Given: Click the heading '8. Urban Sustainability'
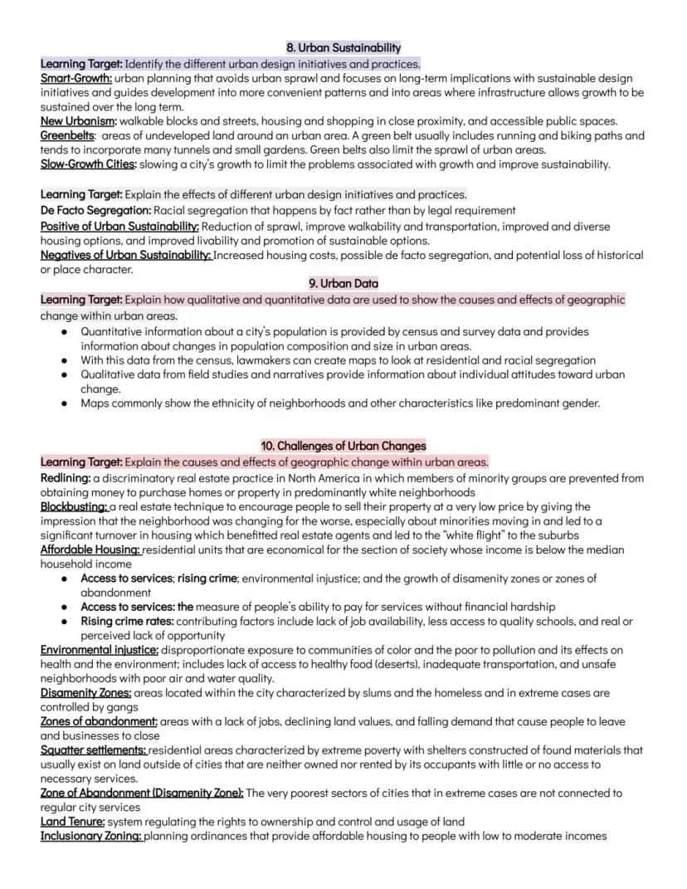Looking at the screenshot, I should [343, 48].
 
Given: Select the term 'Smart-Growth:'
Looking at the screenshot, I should [70, 79].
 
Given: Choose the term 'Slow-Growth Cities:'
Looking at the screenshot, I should [89, 164].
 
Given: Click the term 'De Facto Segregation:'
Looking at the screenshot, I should [95, 210].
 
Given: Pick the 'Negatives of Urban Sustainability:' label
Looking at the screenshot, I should [126, 255].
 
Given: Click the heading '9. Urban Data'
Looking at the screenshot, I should [343, 284].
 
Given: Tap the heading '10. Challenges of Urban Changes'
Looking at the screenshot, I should [343, 447].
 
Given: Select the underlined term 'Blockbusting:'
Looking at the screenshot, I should [75, 506].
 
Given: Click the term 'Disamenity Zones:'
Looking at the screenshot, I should [85, 692].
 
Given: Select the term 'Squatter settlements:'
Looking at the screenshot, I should [94, 750].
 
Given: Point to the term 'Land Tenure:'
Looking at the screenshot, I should [73, 821].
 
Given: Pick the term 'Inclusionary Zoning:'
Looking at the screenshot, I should [91, 836].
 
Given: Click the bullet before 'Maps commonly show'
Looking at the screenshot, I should [65, 403].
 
